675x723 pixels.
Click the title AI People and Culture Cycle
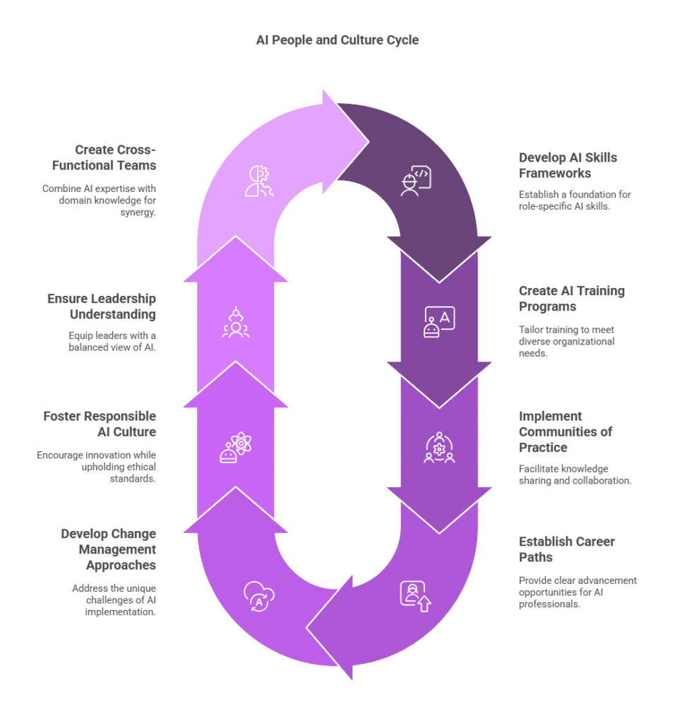tap(337, 40)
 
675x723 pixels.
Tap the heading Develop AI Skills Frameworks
tap(568, 165)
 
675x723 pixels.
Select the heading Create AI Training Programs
tap(572, 299)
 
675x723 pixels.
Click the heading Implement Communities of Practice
tap(566, 431)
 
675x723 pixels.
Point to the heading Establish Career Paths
tap(567, 549)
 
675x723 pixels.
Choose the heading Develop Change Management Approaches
tap(108, 549)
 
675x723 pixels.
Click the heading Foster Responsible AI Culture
tap(100, 424)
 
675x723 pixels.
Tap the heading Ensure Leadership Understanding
tap(102, 306)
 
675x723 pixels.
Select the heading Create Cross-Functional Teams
tap(104, 157)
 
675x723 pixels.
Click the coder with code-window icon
tap(416, 181)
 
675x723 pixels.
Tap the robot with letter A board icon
tap(439, 322)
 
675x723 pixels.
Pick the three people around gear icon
tap(439, 447)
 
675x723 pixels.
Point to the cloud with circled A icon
tap(259, 596)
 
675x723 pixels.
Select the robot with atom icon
tap(236, 447)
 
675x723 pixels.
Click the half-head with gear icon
tap(259, 181)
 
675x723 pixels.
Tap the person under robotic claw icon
tap(236, 322)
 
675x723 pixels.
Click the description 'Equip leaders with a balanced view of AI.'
tap(112, 341)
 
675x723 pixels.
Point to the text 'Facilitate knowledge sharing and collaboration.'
tap(575, 474)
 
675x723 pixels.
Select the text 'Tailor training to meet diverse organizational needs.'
tap(567, 341)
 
